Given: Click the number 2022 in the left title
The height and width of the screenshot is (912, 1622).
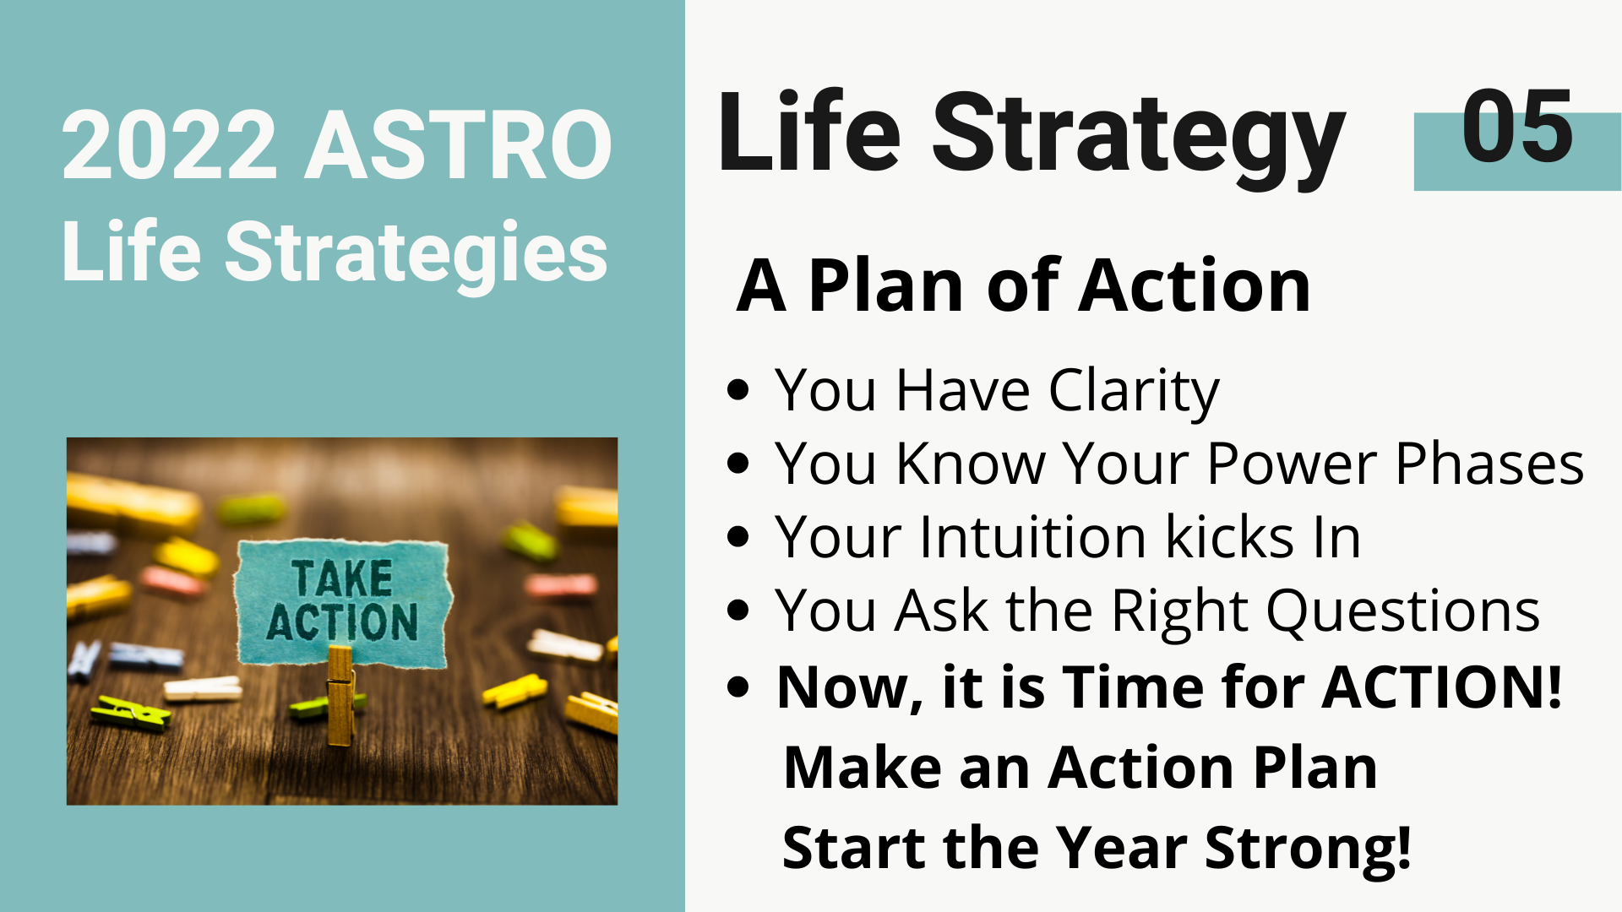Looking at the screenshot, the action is (x=170, y=145).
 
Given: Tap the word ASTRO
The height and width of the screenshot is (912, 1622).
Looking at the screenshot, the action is (x=459, y=145).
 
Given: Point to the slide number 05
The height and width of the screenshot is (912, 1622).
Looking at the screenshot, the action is (x=1517, y=127).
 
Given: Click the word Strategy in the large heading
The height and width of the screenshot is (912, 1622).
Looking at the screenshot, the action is (x=1138, y=138).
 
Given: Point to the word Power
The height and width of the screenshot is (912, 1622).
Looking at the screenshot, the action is (x=1293, y=464).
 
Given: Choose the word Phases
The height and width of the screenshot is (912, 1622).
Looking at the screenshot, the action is (x=1490, y=464).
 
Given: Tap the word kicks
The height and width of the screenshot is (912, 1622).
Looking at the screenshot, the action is (x=1230, y=537).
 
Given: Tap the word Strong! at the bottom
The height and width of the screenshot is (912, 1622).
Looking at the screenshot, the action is (x=1308, y=849).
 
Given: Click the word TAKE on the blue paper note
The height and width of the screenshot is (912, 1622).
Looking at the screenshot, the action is (x=342, y=579).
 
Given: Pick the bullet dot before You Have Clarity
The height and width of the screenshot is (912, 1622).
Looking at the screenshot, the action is (x=738, y=390).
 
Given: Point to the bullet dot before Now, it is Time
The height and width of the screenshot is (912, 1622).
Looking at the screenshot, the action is (x=738, y=687).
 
